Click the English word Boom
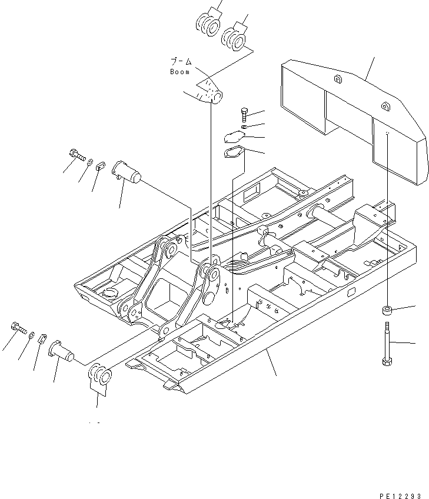click(x=179, y=72)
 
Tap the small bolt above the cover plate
click(x=245, y=114)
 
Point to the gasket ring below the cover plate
click(x=235, y=154)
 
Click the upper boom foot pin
click(x=128, y=171)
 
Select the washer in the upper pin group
click(x=91, y=161)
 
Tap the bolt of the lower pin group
click(x=19, y=327)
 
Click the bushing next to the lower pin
click(x=98, y=377)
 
